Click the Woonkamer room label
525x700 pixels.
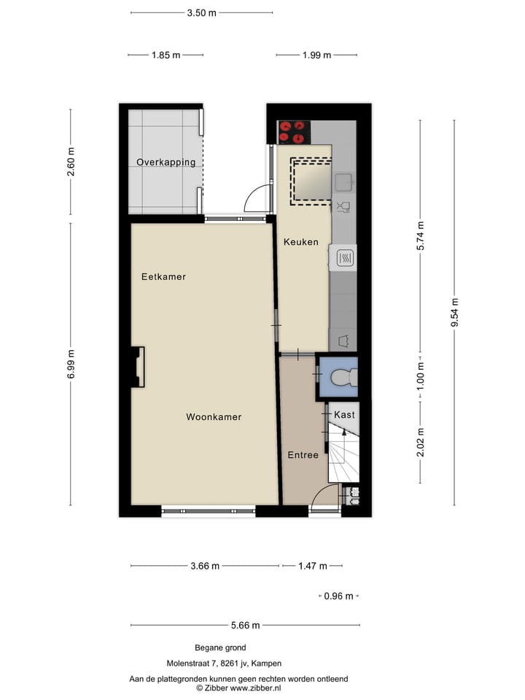(213, 417)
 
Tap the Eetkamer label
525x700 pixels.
(163, 277)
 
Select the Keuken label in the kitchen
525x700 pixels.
(300, 241)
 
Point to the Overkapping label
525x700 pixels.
(166, 162)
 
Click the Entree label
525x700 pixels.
(303, 455)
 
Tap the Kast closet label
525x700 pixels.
(344, 415)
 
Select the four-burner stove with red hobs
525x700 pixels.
(293, 132)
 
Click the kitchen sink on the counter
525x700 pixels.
(343, 181)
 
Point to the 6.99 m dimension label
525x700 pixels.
(71, 362)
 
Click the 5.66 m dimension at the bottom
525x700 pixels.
(245, 625)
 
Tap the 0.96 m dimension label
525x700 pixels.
(339, 596)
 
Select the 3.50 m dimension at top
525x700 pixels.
(201, 12)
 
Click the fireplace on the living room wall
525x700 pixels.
(137, 366)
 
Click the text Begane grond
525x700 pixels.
(220, 647)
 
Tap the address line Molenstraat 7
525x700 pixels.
(223, 664)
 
